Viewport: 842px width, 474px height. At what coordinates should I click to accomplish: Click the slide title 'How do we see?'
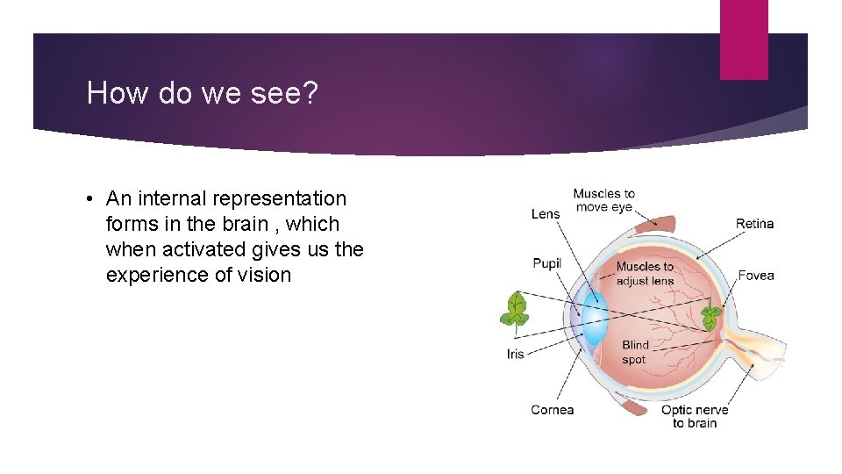[x=203, y=93]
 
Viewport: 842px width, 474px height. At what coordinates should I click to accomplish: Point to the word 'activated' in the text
[x=199, y=249]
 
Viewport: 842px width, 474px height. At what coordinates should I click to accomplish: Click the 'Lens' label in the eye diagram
[x=545, y=214]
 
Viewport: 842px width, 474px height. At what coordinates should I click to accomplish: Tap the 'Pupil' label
[x=546, y=263]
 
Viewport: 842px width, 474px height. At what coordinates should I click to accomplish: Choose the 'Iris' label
[x=516, y=355]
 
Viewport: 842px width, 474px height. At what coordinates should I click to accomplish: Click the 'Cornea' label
[x=552, y=410]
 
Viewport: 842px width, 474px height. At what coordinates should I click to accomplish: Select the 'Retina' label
[x=754, y=224]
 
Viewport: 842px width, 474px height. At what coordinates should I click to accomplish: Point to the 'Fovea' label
[x=755, y=276]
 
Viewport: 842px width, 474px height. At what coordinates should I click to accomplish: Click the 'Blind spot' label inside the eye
[x=635, y=352]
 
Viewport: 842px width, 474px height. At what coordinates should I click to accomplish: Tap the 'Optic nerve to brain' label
[x=695, y=416]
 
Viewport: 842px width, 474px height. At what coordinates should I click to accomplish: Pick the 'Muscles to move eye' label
[x=603, y=200]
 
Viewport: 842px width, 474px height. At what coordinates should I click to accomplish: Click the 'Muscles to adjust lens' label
[x=645, y=273]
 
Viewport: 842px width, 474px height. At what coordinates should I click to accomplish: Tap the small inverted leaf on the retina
[x=710, y=318]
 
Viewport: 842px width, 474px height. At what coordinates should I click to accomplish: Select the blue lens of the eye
[x=595, y=315]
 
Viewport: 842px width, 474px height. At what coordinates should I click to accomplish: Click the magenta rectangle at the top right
[x=744, y=39]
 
